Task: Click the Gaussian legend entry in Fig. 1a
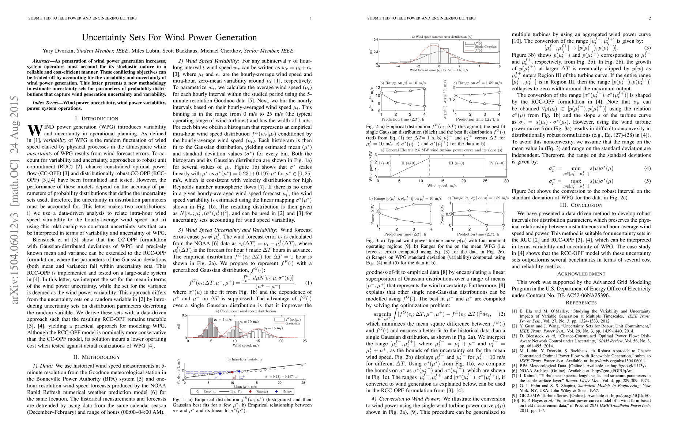pyautogui.click(x=293, y=323)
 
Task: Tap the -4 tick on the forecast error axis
pyautogui.click(x=398, y=67)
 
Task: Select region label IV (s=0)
pyautogui.click(x=496, y=163)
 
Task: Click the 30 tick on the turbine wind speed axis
pyautogui.click(x=506, y=181)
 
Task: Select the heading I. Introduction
pyautogui.click(x=97, y=119)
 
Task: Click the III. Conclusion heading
pyautogui.click(x=581, y=205)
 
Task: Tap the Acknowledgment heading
pyautogui.click(x=581, y=274)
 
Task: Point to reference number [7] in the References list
pyautogui.click(x=514, y=376)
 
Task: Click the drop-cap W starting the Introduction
pyautogui.click(x=34, y=130)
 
